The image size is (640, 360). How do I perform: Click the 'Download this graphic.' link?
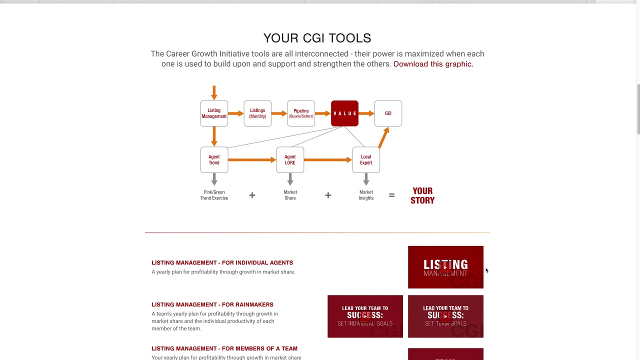(x=433, y=64)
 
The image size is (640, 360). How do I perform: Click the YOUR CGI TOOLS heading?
(x=317, y=38)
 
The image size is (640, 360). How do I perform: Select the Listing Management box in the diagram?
(x=214, y=113)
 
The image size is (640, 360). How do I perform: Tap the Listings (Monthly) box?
(x=257, y=113)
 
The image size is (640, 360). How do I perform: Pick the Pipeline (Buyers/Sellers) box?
(x=301, y=113)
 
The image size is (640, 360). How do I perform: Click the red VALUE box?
(x=344, y=113)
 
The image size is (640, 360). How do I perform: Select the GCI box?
(x=388, y=113)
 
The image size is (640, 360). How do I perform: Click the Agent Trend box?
(x=214, y=159)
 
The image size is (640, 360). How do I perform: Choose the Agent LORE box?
(x=290, y=159)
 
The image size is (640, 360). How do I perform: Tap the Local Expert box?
(x=366, y=159)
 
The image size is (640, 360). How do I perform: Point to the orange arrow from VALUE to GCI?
(x=366, y=113)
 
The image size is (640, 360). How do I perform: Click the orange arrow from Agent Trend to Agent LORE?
(x=252, y=159)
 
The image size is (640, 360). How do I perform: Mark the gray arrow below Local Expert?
(x=366, y=179)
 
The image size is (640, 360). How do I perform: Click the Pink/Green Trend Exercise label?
(x=214, y=195)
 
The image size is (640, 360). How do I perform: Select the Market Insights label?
(x=366, y=195)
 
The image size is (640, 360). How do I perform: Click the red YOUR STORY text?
(x=422, y=195)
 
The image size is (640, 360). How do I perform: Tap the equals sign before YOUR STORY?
(x=391, y=195)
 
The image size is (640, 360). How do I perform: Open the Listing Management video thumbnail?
(x=445, y=267)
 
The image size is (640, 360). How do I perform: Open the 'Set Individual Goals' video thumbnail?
(x=365, y=316)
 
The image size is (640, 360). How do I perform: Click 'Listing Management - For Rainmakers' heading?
(x=212, y=304)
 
